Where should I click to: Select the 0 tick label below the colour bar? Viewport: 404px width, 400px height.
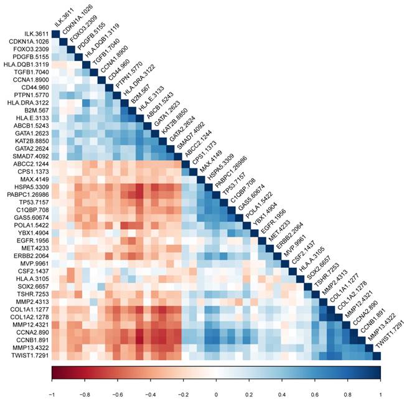(216, 394)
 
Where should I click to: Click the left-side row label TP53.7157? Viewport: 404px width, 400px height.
(29, 201)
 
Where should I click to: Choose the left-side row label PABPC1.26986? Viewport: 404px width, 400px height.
(25, 193)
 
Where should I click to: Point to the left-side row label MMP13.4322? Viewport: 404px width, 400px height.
(27, 348)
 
